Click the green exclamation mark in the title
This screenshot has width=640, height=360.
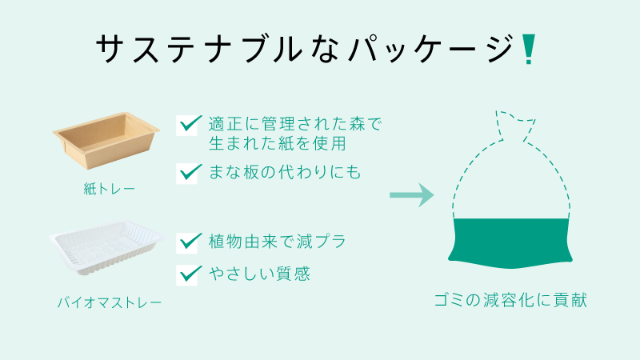[529, 50]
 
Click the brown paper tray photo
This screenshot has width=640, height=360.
[106, 140]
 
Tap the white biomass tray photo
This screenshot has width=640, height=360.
[106, 248]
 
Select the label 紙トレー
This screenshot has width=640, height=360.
[109, 189]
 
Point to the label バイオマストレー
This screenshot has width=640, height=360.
[110, 302]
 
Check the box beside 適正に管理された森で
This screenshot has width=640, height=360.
[188, 125]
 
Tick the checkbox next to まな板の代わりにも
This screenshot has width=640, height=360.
[188, 173]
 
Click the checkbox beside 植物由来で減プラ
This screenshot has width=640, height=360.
[188, 242]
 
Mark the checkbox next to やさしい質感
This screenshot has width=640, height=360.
[188, 274]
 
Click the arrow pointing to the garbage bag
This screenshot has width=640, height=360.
[411, 195]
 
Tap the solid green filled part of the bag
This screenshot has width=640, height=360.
[510, 243]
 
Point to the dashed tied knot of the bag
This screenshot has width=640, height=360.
[515, 125]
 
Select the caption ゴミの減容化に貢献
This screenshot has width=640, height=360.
[510, 300]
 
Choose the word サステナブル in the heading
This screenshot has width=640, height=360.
[199, 49]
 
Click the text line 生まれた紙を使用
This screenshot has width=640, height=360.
[278, 143]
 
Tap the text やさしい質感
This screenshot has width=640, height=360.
[259, 274]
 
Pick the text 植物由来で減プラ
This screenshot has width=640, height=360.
[278, 242]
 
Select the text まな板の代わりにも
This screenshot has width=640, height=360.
[285, 172]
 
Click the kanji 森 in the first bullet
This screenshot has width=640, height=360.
[357, 124]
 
